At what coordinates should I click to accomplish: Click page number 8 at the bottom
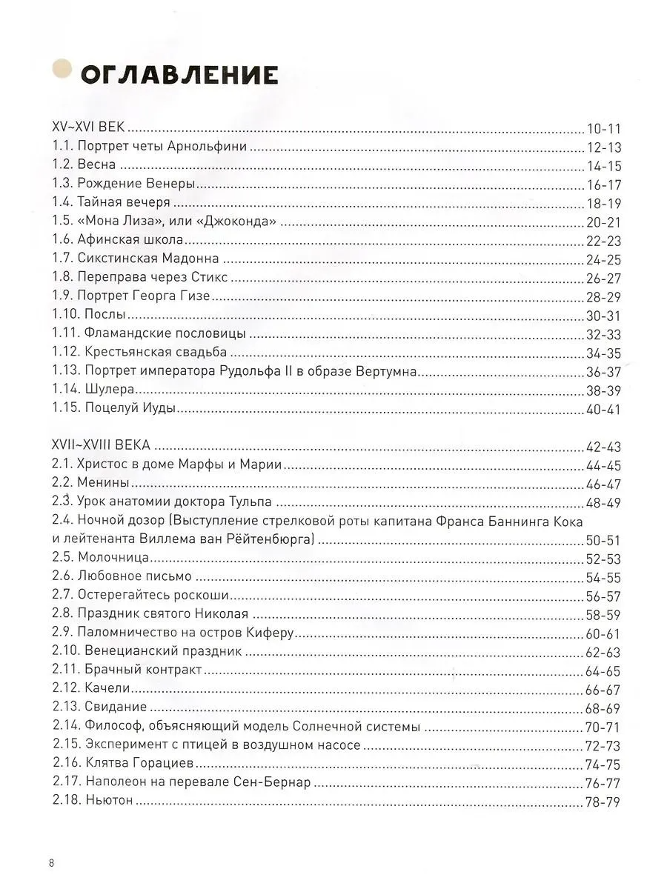50,863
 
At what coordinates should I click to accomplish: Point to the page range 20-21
603,222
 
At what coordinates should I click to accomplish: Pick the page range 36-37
603,372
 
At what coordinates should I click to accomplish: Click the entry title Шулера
110,390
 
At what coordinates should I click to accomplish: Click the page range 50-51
603,539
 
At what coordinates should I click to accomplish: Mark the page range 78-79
603,802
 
